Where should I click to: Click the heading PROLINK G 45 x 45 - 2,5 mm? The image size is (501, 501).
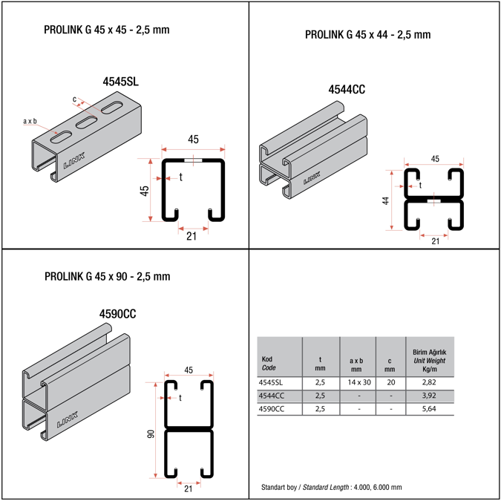pyautogui.click(x=113, y=30)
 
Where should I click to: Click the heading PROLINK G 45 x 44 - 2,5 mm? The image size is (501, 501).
pyautogui.click(x=367, y=35)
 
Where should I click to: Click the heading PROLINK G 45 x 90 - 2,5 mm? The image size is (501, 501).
pyautogui.click(x=107, y=277)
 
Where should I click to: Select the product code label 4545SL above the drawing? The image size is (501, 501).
pyautogui.click(x=120, y=82)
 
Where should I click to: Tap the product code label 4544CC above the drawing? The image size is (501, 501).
pyautogui.click(x=347, y=90)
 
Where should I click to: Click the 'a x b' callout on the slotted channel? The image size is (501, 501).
pyautogui.click(x=30, y=121)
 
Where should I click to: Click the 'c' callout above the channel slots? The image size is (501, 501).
pyautogui.click(x=74, y=98)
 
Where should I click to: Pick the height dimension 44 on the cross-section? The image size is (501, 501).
pyautogui.click(x=387, y=200)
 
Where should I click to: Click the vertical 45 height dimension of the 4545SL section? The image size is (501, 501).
pyautogui.click(x=145, y=189)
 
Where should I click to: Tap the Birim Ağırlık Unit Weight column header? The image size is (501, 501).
pyautogui.click(x=429, y=359)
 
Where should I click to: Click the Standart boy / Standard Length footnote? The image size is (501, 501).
pyautogui.click(x=331, y=488)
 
